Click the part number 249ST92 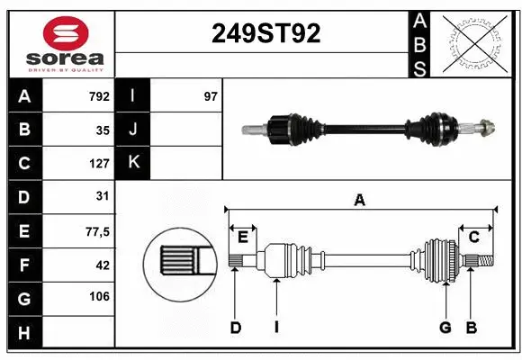click(265, 33)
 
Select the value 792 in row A click(99, 96)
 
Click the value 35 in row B click(103, 130)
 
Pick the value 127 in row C click(99, 164)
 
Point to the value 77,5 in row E click(96, 231)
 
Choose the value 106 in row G click(99, 297)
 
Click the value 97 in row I click(211, 96)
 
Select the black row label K click(132, 164)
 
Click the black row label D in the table click(24, 196)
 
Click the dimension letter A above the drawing click(360, 201)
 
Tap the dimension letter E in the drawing click(243, 237)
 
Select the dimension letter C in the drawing click(473, 237)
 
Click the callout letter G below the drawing click(445, 328)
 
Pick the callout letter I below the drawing click(275, 328)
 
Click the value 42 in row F click(103, 265)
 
